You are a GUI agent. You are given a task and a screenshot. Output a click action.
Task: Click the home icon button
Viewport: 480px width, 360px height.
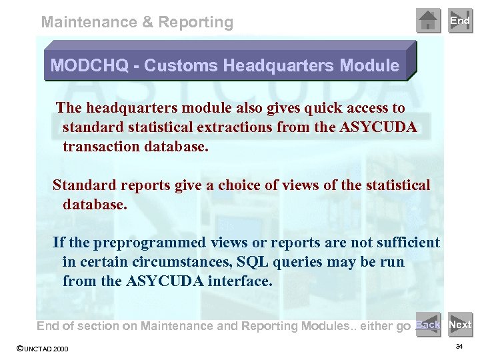pos(429,21)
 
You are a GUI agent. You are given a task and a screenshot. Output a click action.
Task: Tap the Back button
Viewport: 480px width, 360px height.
pos(427,325)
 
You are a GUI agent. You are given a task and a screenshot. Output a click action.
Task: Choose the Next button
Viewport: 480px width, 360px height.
pos(460,325)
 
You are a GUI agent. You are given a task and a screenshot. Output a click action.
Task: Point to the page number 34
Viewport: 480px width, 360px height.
pos(459,347)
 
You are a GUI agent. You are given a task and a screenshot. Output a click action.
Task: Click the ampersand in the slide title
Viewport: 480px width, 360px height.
pos(147,22)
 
